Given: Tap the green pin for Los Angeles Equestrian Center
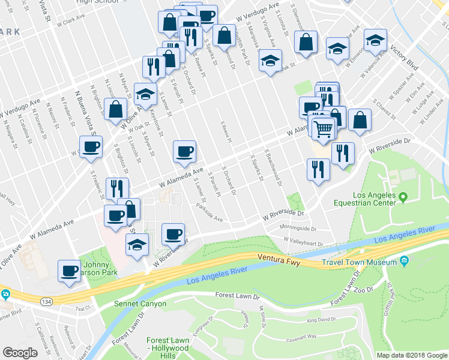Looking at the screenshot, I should pos(403,196).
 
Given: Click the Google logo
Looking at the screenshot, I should pos(20,353).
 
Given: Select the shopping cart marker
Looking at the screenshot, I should pos(323,128).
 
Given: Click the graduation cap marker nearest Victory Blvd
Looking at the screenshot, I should pos(375,41).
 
